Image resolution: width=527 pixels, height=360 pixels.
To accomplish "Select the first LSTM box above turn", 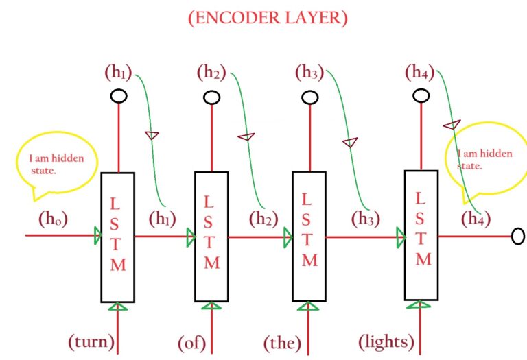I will point(117,237).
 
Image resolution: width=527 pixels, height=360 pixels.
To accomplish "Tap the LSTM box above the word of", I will point(211,237).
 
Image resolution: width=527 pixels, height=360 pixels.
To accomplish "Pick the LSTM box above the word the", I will point(309,237).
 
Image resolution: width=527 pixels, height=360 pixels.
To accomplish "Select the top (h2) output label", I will point(211,71).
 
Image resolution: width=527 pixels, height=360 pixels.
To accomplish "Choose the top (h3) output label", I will point(309,71).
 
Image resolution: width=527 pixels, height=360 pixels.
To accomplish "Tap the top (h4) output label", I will point(420,71).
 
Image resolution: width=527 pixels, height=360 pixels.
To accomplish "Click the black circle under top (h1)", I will point(118,96).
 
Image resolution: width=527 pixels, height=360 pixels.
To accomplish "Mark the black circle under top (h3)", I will point(309,96).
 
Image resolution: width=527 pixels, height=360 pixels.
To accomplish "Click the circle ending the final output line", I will point(518,237).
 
